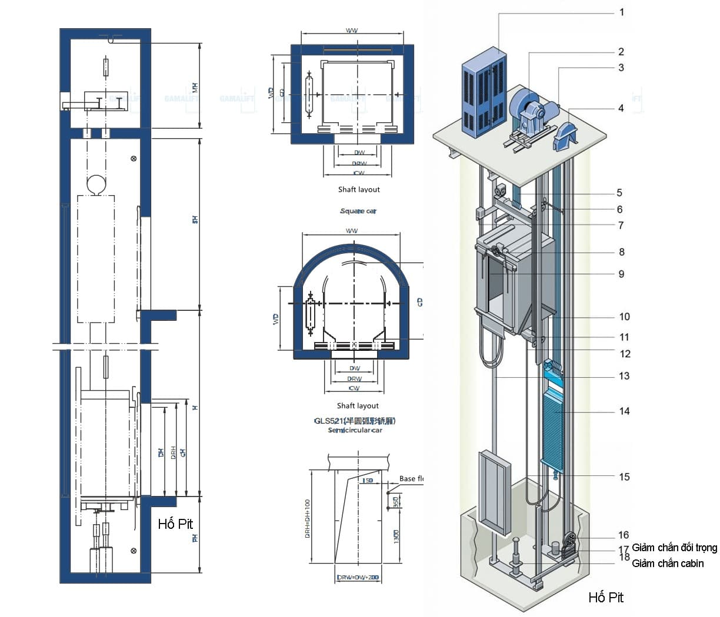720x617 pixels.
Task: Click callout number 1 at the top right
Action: (x=622, y=12)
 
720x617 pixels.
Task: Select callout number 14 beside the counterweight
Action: (x=624, y=411)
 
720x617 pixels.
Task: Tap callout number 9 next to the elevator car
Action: (x=621, y=274)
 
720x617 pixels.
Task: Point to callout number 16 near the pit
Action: (x=624, y=535)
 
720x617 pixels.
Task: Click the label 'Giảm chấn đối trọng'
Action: (x=674, y=548)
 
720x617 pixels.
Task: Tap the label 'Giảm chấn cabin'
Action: (x=667, y=564)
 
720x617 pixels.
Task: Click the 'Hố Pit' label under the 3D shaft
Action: (x=606, y=598)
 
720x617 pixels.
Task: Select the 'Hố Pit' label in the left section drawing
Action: (x=175, y=524)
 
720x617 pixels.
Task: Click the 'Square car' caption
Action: (x=358, y=211)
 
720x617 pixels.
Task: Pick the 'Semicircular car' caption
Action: (x=355, y=430)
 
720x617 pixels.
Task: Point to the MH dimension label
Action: (x=195, y=88)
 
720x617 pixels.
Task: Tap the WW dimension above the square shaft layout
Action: (x=352, y=31)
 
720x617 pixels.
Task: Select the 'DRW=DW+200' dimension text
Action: (x=358, y=578)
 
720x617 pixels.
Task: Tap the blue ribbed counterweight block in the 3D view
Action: (x=553, y=432)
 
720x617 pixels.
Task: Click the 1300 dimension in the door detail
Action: (x=396, y=536)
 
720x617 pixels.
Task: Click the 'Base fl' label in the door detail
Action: (x=411, y=479)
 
